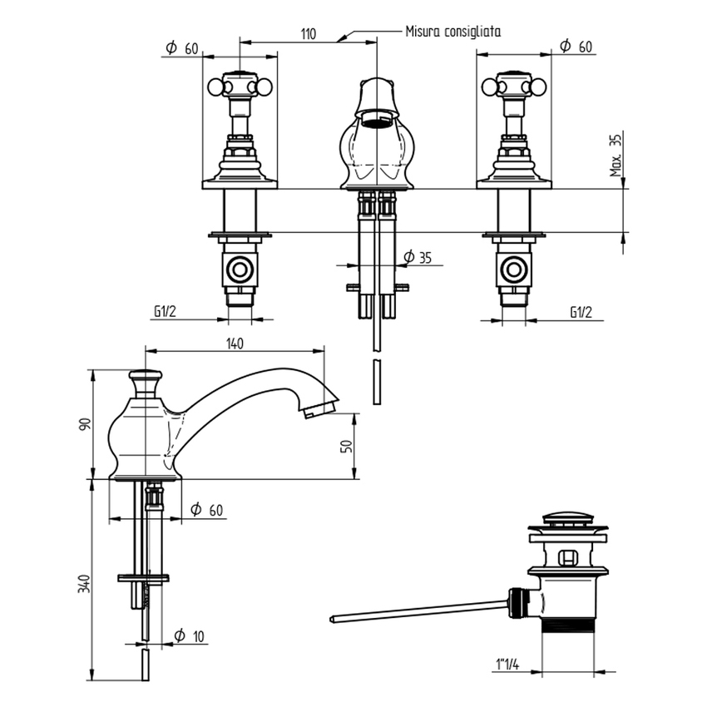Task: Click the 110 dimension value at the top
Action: point(308,34)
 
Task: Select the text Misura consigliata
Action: point(452,32)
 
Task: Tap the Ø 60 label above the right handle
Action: point(575,47)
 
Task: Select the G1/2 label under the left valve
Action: point(165,312)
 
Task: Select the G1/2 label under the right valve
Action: point(581,312)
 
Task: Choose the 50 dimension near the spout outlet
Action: point(349,446)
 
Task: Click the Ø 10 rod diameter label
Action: point(190,636)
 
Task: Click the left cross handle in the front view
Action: point(240,85)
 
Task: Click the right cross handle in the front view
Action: point(512,85)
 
